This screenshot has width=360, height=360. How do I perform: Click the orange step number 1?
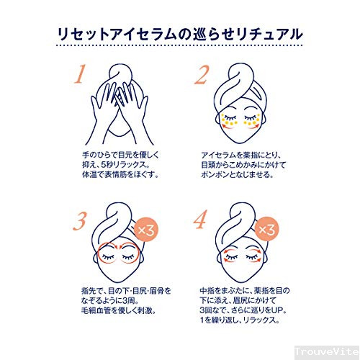pos(80,74)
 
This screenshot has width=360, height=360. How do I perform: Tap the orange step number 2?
pos(202,75)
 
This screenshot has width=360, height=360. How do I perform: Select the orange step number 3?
pos(79,221)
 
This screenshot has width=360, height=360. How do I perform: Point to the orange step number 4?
pos(200,220)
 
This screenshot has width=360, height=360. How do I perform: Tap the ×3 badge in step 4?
pos(267,229)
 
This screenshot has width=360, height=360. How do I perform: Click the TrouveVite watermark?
pos(327,352)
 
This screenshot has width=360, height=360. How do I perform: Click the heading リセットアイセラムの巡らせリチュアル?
pos(180,35)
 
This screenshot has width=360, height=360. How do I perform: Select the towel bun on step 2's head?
pos(240,79)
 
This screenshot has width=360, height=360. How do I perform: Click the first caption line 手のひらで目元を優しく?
pos(120,155)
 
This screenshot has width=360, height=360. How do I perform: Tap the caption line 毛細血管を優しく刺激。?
pos(119,310)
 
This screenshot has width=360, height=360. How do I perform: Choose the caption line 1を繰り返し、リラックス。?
pos(240,320)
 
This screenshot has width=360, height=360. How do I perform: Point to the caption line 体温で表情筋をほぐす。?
pos(121,174)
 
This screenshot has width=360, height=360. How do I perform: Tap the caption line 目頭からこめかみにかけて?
pos(243,165)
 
